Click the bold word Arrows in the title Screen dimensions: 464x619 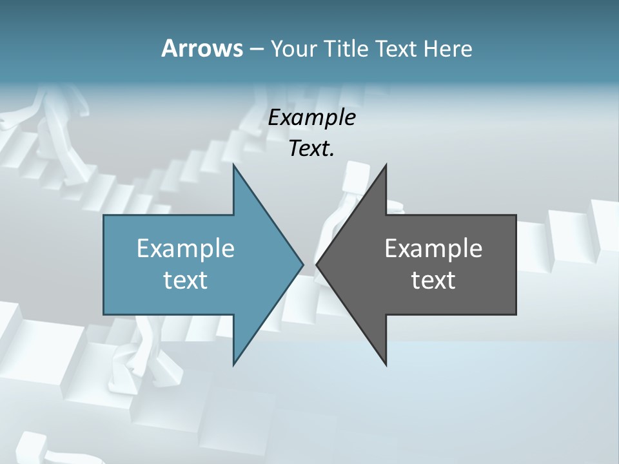coord(202,48)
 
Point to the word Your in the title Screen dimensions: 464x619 coord(292,48)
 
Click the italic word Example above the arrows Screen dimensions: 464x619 coord(311,118)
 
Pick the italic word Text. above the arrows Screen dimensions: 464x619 coord(311,149)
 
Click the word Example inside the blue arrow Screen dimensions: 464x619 coord(186,248)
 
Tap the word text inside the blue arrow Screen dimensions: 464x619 coord(186,280)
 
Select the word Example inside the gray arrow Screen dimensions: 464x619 coord(433,248)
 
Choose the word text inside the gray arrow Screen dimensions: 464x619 coord(433,280)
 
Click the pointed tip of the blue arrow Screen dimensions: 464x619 coord(302,264)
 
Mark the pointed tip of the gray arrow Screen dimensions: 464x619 coord(317,264)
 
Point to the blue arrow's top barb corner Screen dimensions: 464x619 coord(233,165)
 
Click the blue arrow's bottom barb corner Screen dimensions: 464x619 coord(233,364)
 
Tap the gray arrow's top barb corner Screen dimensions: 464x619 coord(386,165)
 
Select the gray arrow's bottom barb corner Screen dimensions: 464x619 coord(386,364)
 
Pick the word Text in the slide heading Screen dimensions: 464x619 coord(396,48)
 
